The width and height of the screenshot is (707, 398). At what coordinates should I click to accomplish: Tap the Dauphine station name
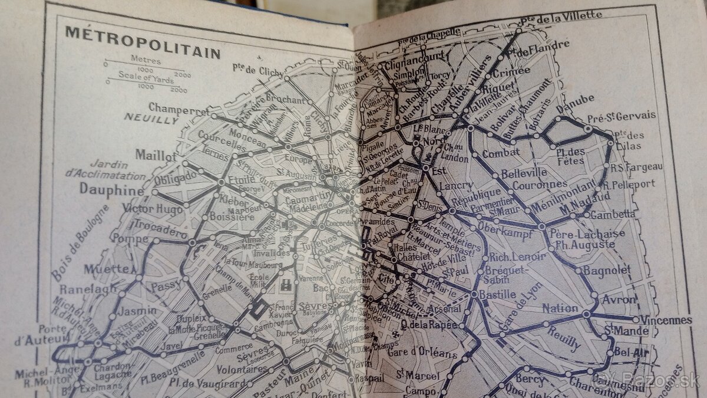point(111,190)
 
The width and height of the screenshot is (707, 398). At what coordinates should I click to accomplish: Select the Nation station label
point(560,308)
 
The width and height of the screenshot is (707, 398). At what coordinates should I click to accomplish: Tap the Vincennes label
point(663,320)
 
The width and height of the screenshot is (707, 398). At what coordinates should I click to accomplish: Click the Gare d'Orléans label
point(422,354)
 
